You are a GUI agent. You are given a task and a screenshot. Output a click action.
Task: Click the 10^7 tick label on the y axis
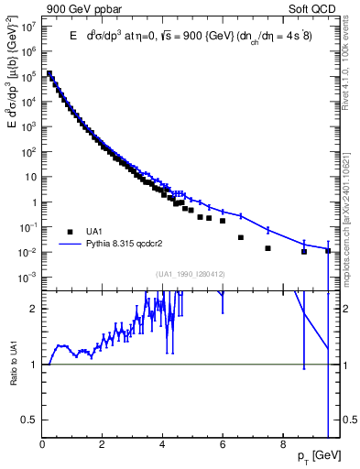[x=29, y=27]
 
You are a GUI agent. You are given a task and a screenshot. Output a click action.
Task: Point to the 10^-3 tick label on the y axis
[x=28, y=277]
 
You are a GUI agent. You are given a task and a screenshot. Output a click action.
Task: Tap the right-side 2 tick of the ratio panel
[x=345, y=309]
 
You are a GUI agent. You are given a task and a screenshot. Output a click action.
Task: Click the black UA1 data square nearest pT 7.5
[x=267, y=248]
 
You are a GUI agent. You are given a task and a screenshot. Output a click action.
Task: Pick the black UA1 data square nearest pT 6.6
[x=241, y=237]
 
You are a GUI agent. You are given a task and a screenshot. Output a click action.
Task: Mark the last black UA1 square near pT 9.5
[x=327, y=250]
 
